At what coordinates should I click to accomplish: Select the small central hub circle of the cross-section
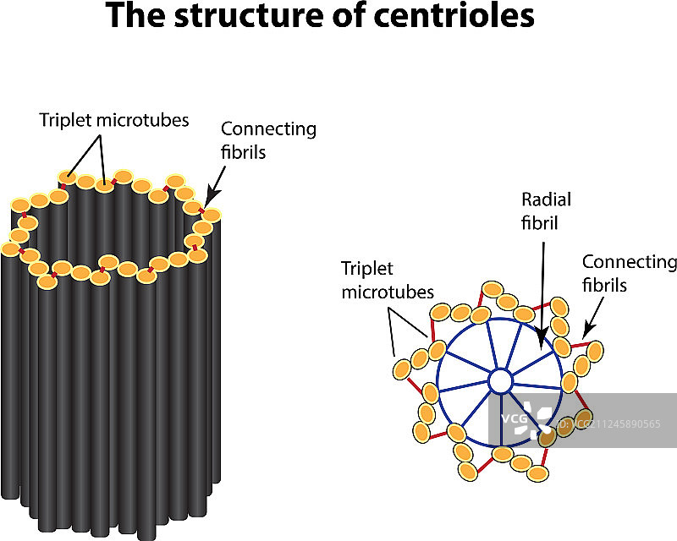click(x=499, y=382)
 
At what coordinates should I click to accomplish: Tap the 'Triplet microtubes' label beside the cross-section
click(x=387, y=280)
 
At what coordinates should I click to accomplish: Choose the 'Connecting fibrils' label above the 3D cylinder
click(x=268, y=140)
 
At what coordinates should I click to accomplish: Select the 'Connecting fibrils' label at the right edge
click(x=630, y=273)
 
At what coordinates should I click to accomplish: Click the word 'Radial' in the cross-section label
click(x=547, y=199)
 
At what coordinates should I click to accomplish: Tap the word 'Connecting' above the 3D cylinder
click(x=268, y=129)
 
